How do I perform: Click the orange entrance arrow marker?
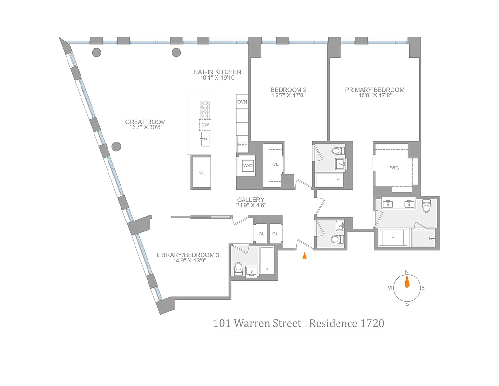pyautogui.click(x=304, y=256)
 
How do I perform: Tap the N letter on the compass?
pyautogui.click(x=407, y=271)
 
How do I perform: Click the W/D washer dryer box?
pyautogui.click(x=248, y=165)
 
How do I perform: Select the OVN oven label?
pyautogui.click(x=242, y=102)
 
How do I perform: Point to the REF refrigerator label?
pyautogui.click(x=242, y=144)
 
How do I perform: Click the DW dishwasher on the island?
pyautogui.click(x=205, y=125)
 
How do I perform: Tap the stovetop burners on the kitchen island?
pyautogui.click(x=205, y=110)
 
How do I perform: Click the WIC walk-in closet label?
pyautogui.click(x=394, y=168)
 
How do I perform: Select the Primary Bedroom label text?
pyautogui.click(x=374, y=90)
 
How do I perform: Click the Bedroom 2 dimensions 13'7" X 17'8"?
pyautogui.click(x=288, y=96)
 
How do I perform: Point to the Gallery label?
pyautogui.click(x=250, y=200)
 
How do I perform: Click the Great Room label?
pyautogui.click(x=146, y=122)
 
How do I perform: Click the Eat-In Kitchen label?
pyautogui.click(x=217, y=72)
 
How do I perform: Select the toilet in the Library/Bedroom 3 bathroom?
pyautogui.click(x=238, y=269)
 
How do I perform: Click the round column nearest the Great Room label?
pyautogui.click(x=116, y=146)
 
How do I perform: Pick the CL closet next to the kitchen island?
pyautogui.click(x=202, y=172)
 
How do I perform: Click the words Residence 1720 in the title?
pyautogui.click(x=347, y=323)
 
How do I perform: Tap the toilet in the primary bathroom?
pyautogui.click(x=426, y=207)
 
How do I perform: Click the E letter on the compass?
pyautogui.click(x=423, y=288)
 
